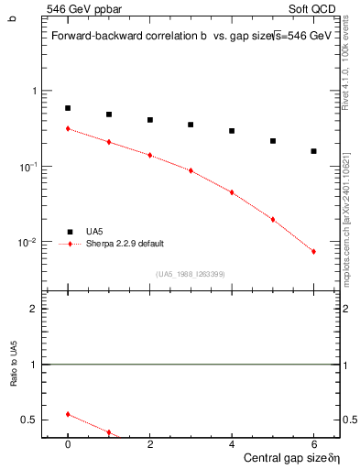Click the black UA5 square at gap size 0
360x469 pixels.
tap(68, 108)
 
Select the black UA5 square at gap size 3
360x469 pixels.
tap(191, 125)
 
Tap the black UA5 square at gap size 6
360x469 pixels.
tap(313, 151)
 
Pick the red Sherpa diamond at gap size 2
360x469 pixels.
tap(149, 156)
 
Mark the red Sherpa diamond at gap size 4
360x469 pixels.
tap(232, 192)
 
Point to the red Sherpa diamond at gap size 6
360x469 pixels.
tap(313, 252)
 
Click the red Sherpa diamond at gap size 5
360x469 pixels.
tap(273, 220)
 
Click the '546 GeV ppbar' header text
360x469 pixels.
tap(79, 8)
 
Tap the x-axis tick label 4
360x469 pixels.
tap(232, 443)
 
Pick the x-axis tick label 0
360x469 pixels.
tap(68, 443)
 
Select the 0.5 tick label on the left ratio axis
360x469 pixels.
tap(28, 420)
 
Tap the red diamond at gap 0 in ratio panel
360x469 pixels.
tap(68, 414)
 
